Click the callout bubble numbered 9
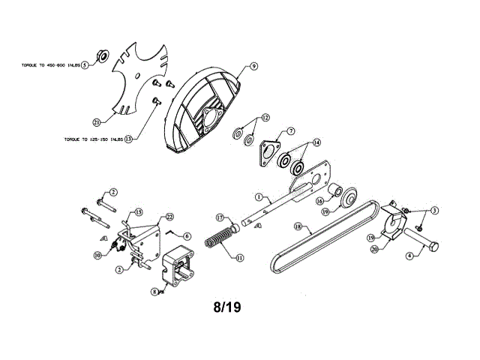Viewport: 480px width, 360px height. (254, 67)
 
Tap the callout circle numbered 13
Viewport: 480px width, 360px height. (128, 139)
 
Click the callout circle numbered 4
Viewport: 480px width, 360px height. (409, 256)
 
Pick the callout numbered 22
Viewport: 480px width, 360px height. (169, 217)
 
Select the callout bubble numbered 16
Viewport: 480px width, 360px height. (319, 201)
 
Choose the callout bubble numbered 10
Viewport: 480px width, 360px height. (98, 255)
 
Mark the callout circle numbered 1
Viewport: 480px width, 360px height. (257, 198)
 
